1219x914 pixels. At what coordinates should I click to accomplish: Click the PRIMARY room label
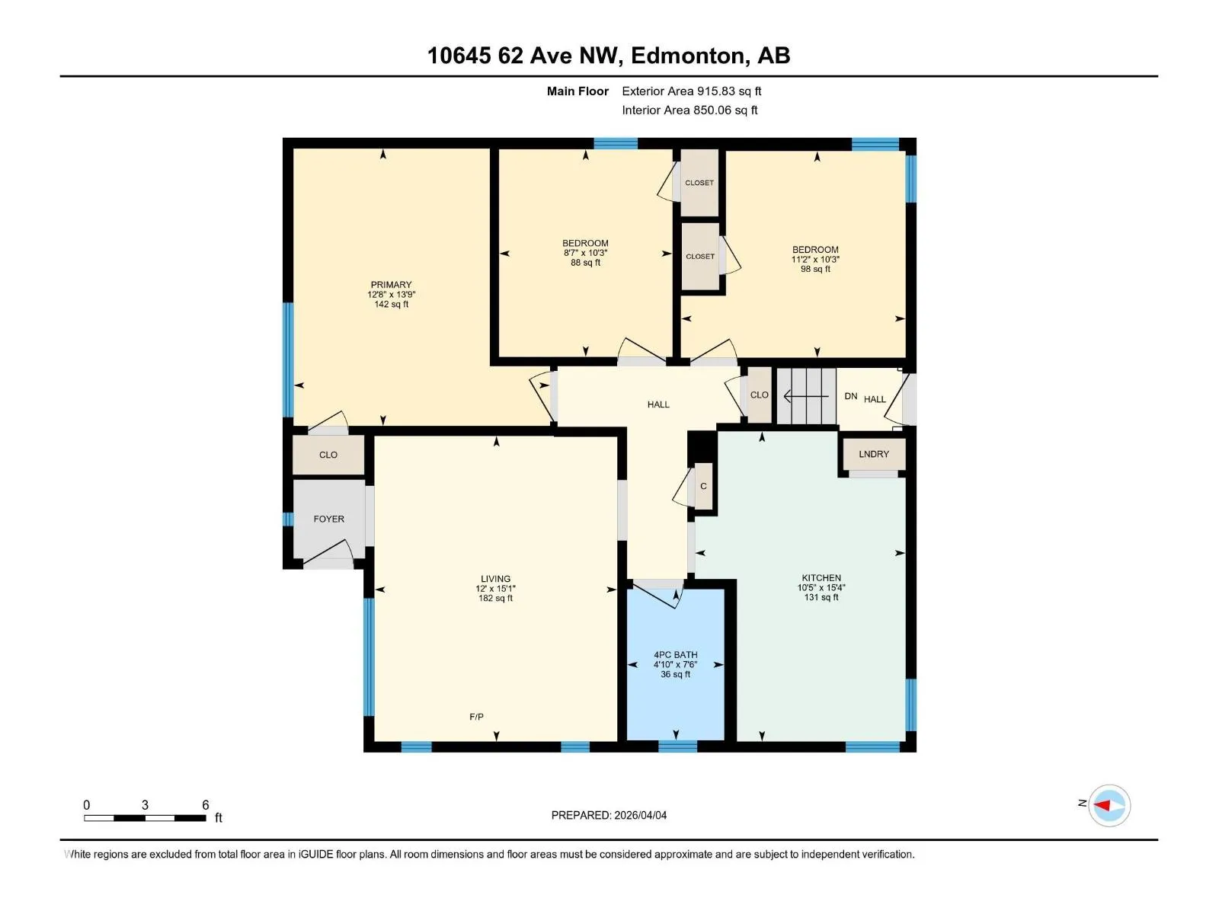tap(391, 285)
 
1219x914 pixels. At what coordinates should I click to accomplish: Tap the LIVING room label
tap(495, 578)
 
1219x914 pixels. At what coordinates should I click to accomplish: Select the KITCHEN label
tap(821, 577)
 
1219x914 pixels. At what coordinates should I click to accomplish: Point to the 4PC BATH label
tap(675, 655)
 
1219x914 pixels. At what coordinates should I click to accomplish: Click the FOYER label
tap(329, 519)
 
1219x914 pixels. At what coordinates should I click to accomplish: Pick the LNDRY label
tap(874, 454)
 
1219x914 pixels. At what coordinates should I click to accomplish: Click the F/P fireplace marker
tap(476, 717)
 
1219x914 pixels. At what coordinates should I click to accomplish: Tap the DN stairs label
tap(851, 396)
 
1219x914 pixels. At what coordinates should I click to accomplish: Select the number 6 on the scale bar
tap(206, 804)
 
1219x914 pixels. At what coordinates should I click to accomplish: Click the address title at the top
tap(609, 56)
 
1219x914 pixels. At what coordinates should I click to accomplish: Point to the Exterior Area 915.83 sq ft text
tap(692, 91)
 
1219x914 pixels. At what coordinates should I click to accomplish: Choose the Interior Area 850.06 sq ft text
tap(689, 110)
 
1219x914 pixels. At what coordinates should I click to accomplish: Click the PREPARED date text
tap(609, 815)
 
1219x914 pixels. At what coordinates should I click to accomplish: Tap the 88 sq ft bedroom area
tap(585, 263)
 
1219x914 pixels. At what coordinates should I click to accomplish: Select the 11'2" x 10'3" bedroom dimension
tap(815, 259)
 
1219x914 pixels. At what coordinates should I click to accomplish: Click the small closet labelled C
tap(703, 486)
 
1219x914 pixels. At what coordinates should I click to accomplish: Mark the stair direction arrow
tap(806, 396)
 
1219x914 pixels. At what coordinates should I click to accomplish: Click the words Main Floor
tap(578, 91)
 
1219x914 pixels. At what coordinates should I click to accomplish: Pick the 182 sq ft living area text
tap(495, 598)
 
